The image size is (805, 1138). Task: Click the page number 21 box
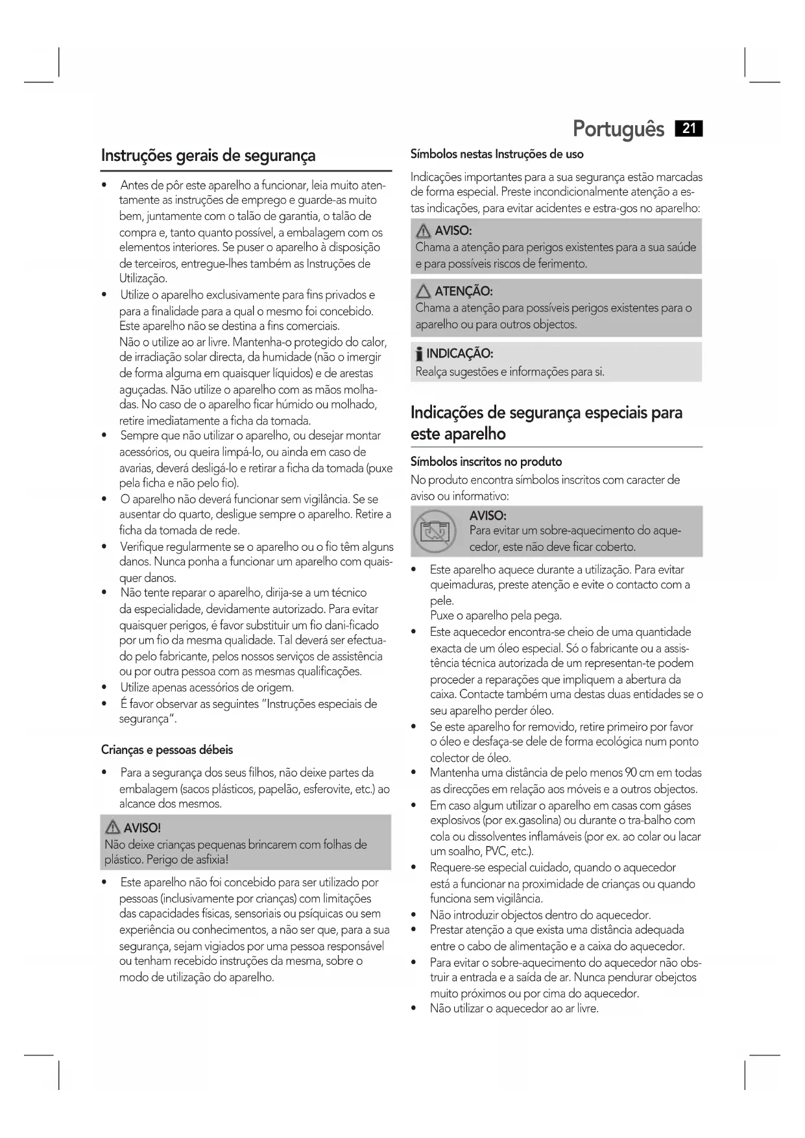pos(689,128)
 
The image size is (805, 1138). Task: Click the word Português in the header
pos(618,129)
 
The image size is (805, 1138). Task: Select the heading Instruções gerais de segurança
pos(208,156)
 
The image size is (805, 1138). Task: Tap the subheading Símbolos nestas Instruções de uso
pos(497,154)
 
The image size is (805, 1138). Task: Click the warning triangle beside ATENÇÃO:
pos(424,292)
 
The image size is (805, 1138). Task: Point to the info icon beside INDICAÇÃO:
pos(419,354)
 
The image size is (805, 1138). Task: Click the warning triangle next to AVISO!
pos(113,827)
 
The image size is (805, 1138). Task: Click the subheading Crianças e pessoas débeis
pos(167,750)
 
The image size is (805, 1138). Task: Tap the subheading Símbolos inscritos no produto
pos(486,462)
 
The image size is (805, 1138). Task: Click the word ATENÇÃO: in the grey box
pos(463,291)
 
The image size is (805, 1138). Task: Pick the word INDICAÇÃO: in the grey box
pos(459,354)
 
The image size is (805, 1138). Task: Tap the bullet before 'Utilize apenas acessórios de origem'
pos(104,688)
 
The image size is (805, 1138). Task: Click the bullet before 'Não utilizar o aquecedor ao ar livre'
pos(414,1009)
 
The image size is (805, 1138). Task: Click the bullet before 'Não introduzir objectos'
pos(414,915)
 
